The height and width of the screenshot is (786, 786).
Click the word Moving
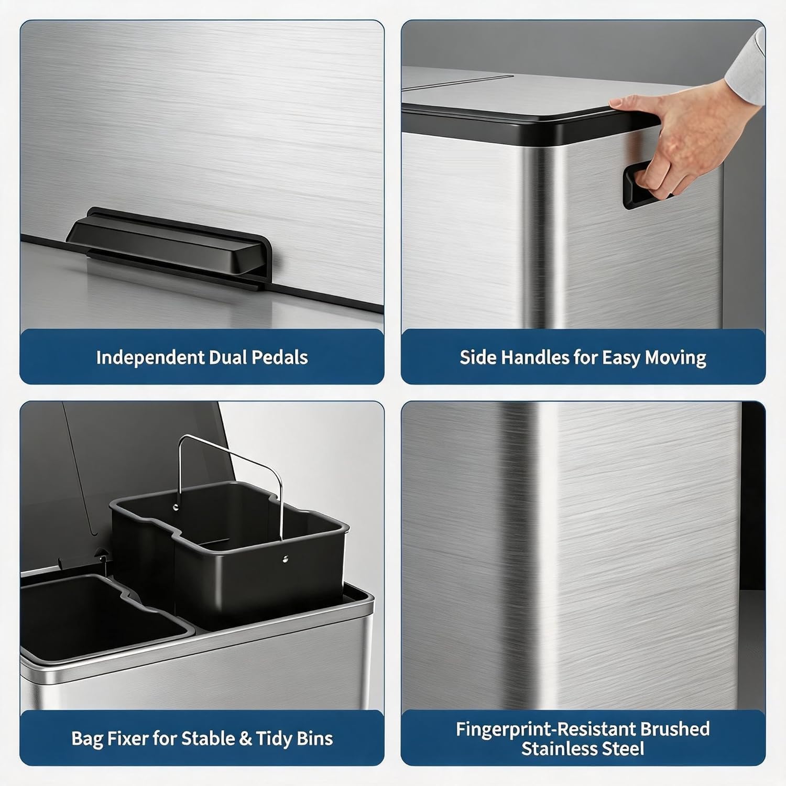coord(675,358)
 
